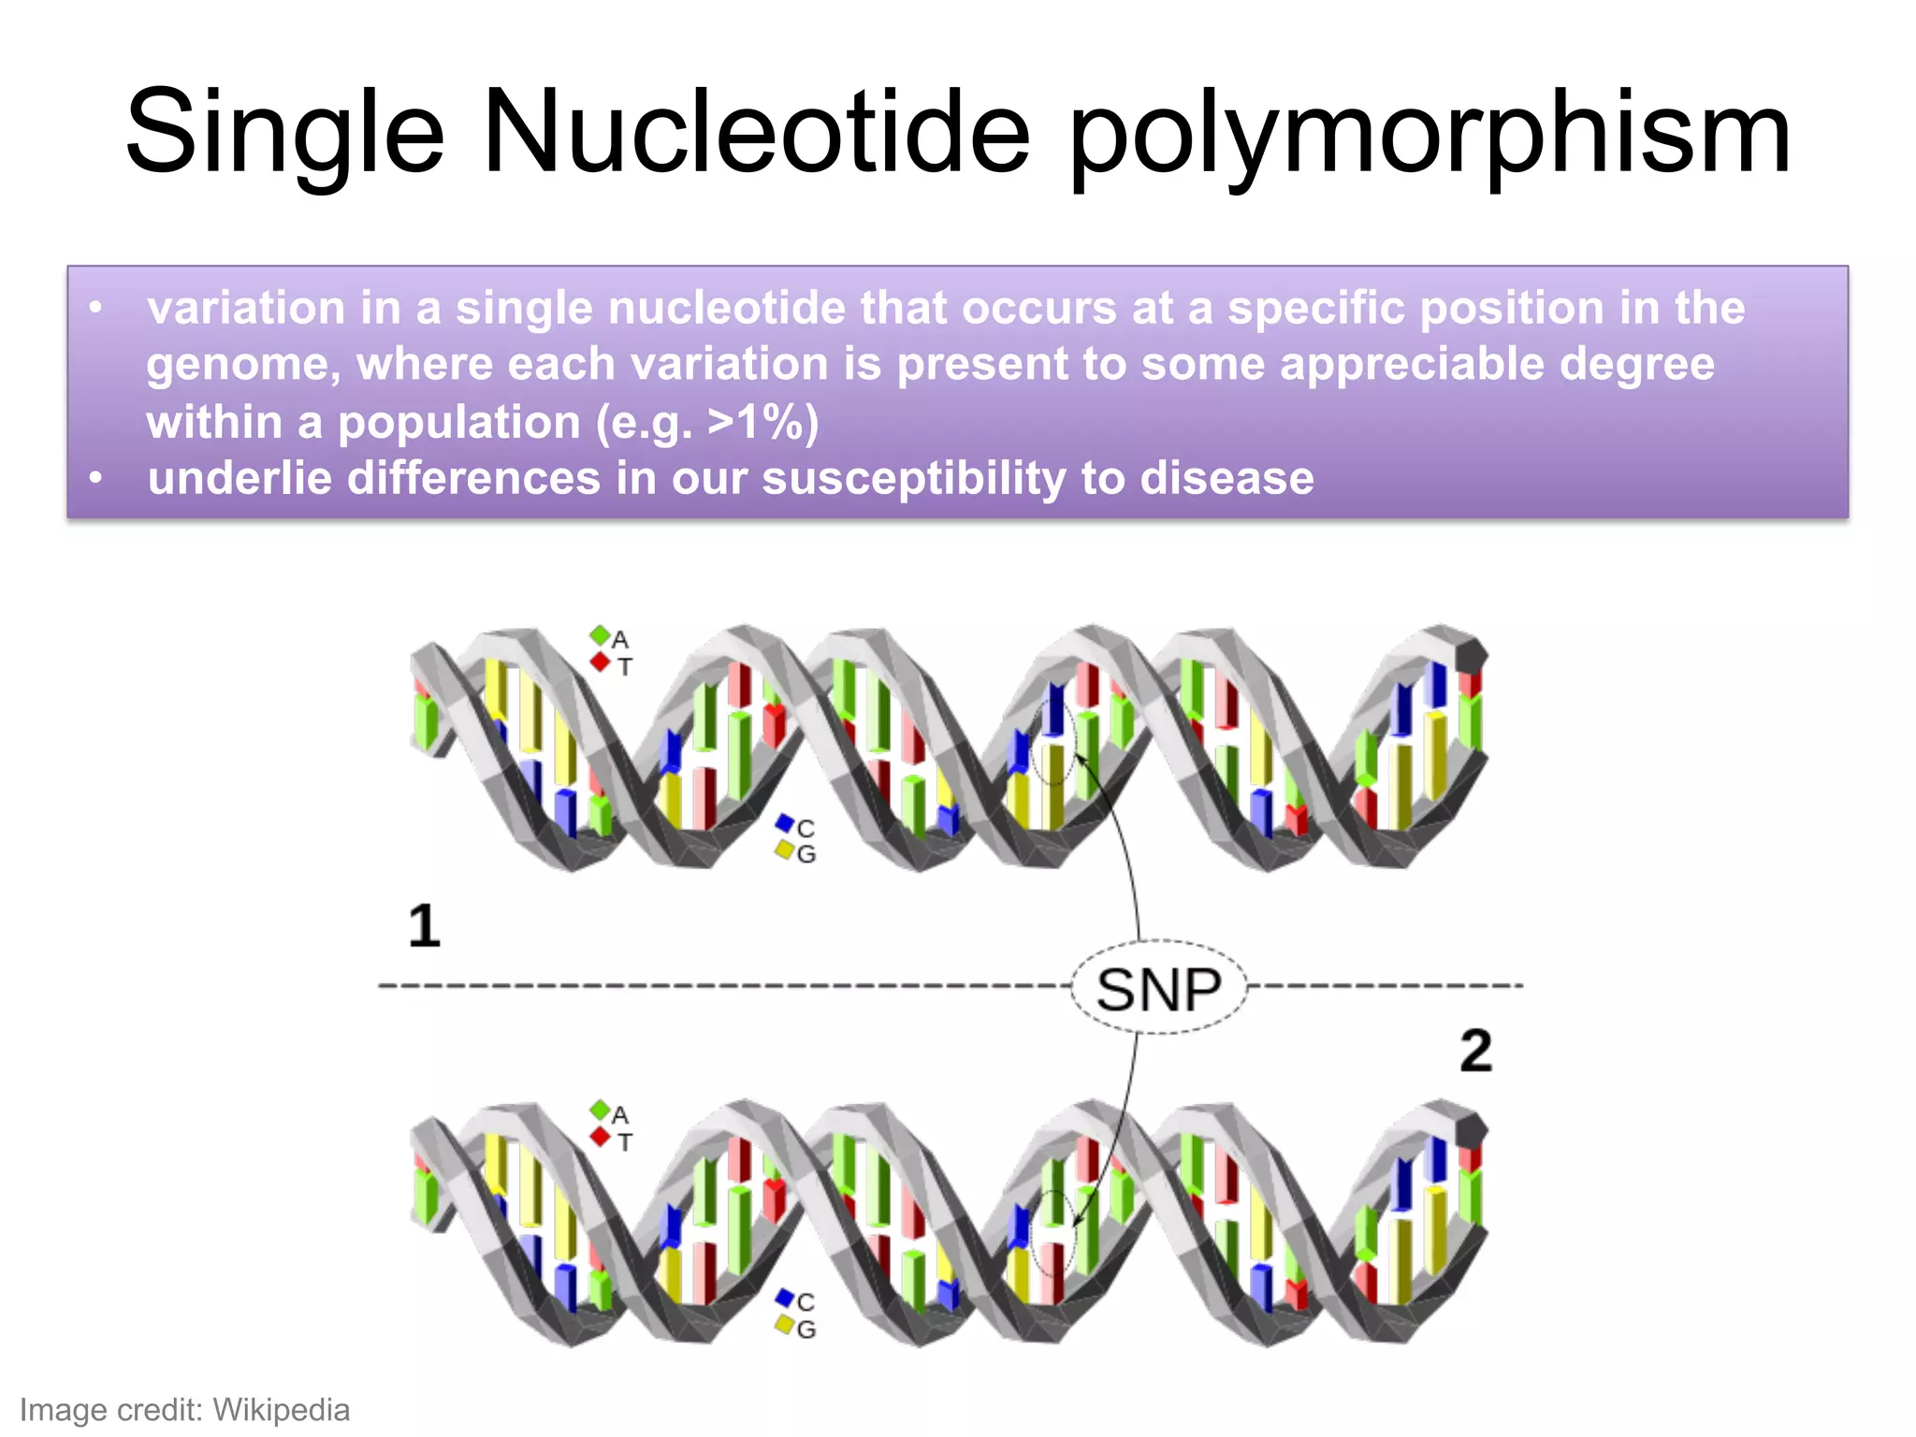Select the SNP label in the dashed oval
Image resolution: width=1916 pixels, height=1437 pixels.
click(x=1159, y=989)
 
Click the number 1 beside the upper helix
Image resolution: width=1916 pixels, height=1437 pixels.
click(x=424, y=926)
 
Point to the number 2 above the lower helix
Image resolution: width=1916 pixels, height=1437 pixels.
click(x=1475, y=1051)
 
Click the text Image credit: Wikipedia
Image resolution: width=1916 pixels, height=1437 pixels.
click(x=184, y=1409)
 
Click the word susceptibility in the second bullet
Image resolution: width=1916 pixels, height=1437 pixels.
click(x=914, y=478)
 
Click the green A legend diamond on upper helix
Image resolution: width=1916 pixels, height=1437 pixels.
click(x=600, y=635)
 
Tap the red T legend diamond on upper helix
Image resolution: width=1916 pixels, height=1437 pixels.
click(x=600, y=662)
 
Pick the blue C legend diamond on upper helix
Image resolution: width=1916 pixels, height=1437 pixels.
click(x=785, y=823)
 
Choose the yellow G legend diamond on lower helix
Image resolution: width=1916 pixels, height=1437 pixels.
click(x=785, y=1325)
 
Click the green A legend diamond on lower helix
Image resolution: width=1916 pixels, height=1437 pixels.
click(x=600, y=1110)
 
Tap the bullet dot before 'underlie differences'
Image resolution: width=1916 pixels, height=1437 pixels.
click(x=95, y=478)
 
